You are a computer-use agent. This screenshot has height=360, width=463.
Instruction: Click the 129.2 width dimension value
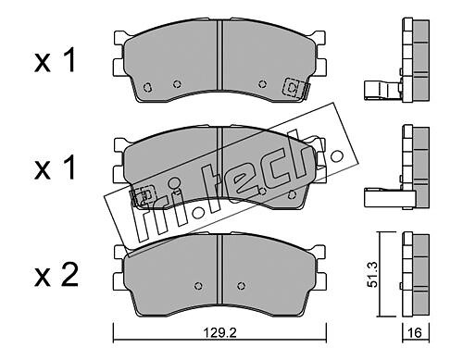[x=219, y=332]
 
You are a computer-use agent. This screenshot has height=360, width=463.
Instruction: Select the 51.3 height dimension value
[x=373, y=274]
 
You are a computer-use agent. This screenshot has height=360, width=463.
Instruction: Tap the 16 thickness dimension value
[x=414, y=332]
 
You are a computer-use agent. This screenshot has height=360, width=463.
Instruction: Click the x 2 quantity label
[x=56, y=275]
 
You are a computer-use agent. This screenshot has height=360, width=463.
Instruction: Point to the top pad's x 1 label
[x=55, y=61]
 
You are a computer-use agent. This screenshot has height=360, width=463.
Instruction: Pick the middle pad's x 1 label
[x=55, y=168]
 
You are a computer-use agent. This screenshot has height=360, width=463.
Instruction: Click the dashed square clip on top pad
[x=292, y=87]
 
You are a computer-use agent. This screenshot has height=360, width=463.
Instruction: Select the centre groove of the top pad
[x=219, y=55]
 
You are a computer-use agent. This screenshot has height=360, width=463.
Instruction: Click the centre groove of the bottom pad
[x=219, y=269]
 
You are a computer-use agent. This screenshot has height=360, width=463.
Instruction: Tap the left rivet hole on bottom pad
[x=198, y=286]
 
